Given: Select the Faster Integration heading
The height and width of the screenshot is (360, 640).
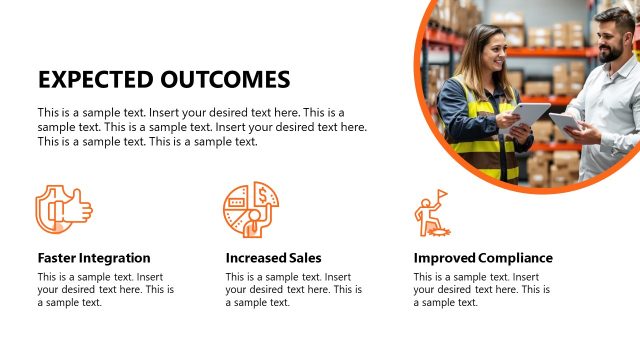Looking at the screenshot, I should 94,258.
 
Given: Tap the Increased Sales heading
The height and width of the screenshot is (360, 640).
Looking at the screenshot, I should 273,258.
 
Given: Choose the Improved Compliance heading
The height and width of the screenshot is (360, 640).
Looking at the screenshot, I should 483,258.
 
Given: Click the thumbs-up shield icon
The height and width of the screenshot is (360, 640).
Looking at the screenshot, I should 63,209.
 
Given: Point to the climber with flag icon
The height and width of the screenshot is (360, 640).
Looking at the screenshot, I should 431,213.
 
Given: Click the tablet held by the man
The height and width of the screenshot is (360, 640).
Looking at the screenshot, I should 565,123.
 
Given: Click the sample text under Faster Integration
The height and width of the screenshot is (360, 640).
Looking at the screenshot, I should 105,289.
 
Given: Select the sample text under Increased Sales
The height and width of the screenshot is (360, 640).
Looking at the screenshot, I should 293,289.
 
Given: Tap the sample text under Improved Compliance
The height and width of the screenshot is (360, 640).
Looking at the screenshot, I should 481,289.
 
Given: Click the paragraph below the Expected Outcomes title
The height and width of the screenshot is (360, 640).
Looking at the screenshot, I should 202,127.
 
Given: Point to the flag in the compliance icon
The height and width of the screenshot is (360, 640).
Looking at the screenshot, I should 441,194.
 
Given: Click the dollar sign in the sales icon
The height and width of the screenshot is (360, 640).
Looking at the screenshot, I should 262,193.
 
